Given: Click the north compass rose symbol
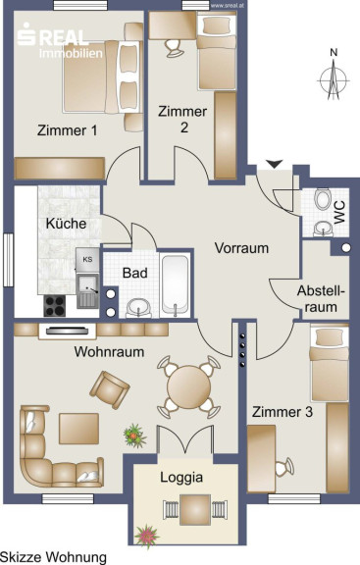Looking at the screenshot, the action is click(x=334, y=80).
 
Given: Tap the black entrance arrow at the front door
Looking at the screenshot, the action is click(x=275, y=164).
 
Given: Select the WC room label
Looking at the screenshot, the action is click(x=339, y=213).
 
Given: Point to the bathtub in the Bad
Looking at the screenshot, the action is click(x=175, y=284).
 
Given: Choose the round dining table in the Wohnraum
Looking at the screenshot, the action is click(x=189, y=386).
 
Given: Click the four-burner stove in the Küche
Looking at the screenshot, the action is click(x=55, y=306).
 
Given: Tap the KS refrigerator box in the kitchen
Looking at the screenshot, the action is click(x=87, y=260).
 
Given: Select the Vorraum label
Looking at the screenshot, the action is click(x=241, y=248).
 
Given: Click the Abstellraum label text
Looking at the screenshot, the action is click(x=321, y=299).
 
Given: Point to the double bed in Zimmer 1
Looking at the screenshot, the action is click(x=101, y=77).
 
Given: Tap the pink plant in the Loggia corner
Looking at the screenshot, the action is click(x=147, y=536).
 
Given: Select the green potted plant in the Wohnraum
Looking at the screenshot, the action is click(x=134, y=436).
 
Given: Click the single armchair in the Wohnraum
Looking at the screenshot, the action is click(x=110, y=389).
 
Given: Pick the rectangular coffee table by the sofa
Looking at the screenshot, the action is click(x=78, y=429).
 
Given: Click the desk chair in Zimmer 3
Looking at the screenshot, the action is click(x=284, y=467).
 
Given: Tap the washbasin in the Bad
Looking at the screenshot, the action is click(x=138, y=308).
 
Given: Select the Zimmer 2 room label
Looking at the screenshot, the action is click(x=182, y=119).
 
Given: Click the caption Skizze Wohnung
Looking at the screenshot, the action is click(x=53, y=557).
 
